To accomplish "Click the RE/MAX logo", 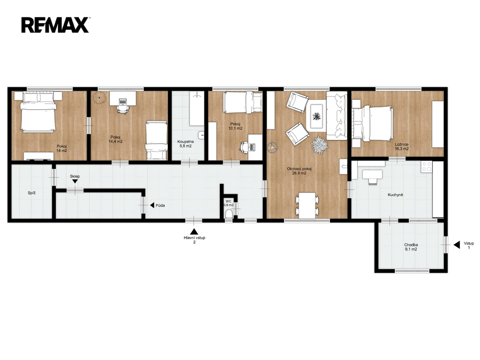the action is pyautogui.click(x=55, y=25).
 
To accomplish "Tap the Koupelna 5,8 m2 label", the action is pyautogui.click(x=186, y=144).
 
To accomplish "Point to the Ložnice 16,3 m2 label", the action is pyautogui.click(x=402, y=147).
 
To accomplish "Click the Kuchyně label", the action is pyautogui.click(x=395, y=195).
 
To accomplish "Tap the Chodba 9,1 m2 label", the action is pyautogui.click(x=411, y=247).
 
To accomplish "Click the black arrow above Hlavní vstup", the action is pyautogui.click(x=194, y=231).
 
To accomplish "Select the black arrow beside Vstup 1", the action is pyautogui.click(x=457, y=245).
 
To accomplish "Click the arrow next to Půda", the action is pyautogui.click(x=152, y=205).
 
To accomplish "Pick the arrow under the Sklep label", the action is pyautogui.click(x=75, y=181).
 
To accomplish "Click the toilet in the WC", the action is pyautogui.click(x=229, y=214).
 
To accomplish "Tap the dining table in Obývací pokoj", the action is pyautogui.click(x=307, y=205).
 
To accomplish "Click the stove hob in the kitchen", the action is pyautogui.click(x=427, y=166).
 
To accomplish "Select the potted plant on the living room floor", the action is pyautogui.click(x=320, y=144).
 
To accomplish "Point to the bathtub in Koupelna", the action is pyautogui.click(x=196, y=108).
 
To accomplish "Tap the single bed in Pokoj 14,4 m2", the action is pyautogui.click(x=157, y=141).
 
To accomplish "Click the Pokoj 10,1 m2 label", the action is pyautogui.click(x=235, y=126).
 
